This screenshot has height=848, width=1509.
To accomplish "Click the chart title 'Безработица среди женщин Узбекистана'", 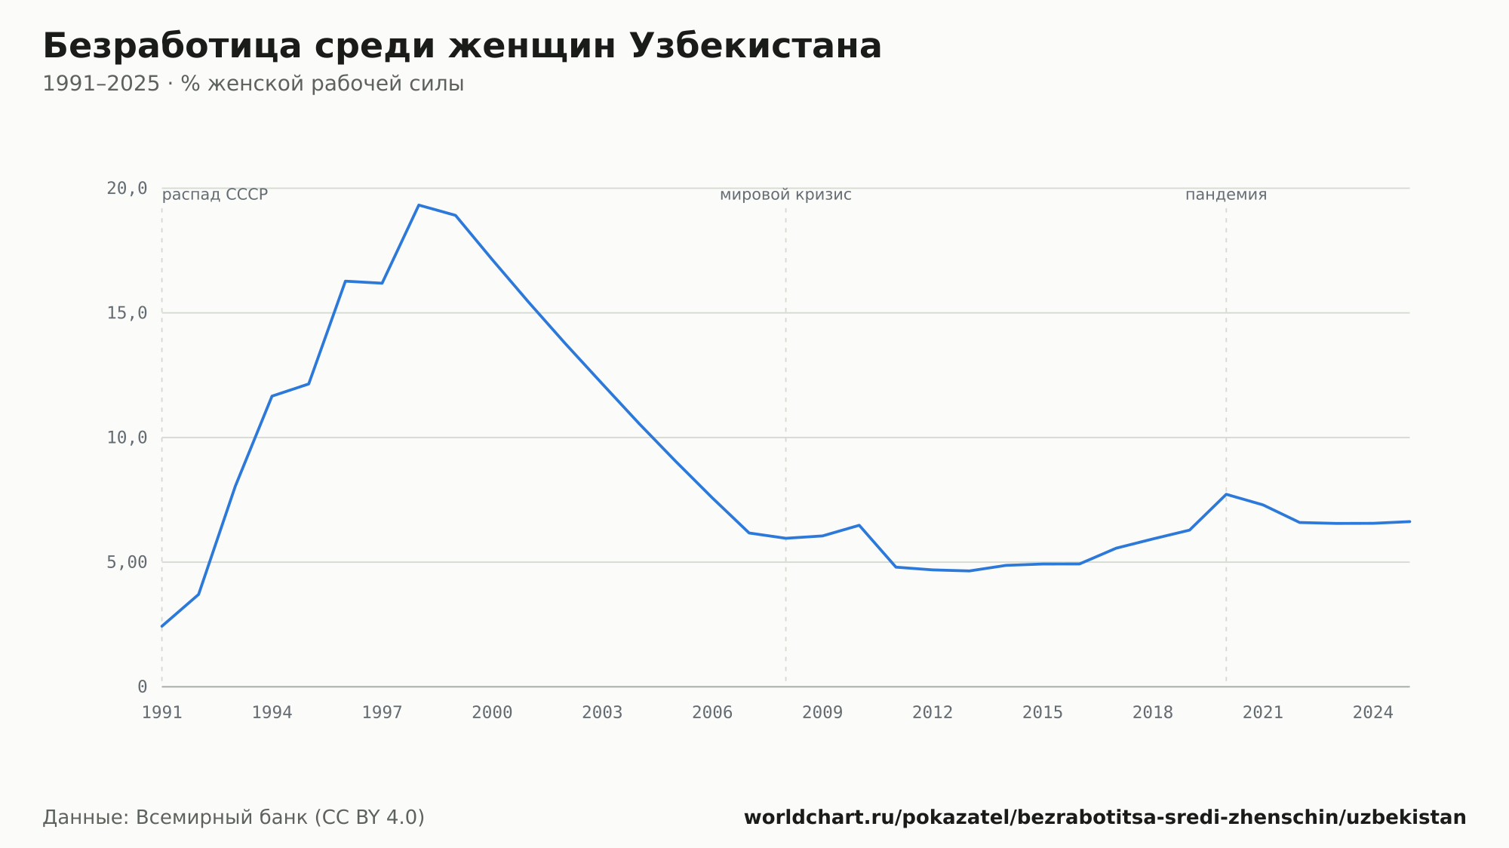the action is pos(462,46).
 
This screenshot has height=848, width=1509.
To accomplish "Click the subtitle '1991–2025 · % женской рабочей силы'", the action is pos(253,84).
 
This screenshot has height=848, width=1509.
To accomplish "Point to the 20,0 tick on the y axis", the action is pos(127,188).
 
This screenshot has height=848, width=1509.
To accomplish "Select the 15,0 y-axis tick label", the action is pos(127,312).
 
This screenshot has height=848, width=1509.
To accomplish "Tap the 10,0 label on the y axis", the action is pos(127,438).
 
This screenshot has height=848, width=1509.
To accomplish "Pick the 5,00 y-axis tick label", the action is pos(127,562).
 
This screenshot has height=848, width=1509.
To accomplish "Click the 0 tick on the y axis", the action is pos(142,687).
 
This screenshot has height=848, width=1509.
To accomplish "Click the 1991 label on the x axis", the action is pos(162,712).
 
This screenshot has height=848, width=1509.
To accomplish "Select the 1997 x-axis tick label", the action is pos(382,712).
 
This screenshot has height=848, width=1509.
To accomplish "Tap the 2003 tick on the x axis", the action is pos(602,712).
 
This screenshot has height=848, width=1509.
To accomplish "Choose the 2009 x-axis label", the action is pos(822,712).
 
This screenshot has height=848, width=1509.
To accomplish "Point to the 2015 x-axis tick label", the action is pos(1043,712).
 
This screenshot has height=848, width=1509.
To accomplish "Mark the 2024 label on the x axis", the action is pos(1373,712).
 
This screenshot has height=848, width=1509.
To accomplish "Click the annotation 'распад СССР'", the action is pos(215,195).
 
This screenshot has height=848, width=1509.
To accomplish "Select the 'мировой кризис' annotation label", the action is pos(785,195).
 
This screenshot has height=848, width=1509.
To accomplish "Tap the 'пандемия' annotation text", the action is pos(1226,195).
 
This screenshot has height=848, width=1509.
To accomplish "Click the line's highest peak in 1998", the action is pos(419,205).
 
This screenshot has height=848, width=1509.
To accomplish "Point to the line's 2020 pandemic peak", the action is pos(1226,494).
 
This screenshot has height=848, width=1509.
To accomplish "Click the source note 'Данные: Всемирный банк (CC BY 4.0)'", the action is pos(234,817).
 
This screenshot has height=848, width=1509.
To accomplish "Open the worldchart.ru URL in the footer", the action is pos(1105,817).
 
